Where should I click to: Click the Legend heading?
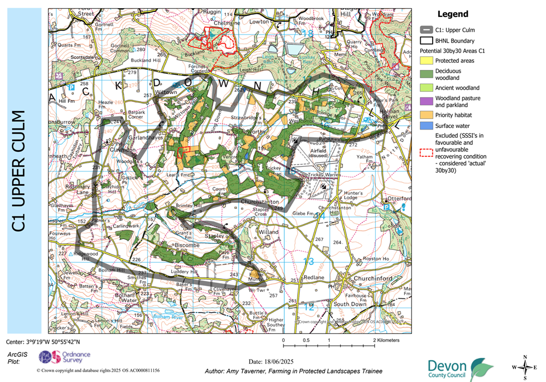pos(452,14)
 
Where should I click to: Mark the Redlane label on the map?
pos(315,278)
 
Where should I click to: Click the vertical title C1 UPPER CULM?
pos(20,171)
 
